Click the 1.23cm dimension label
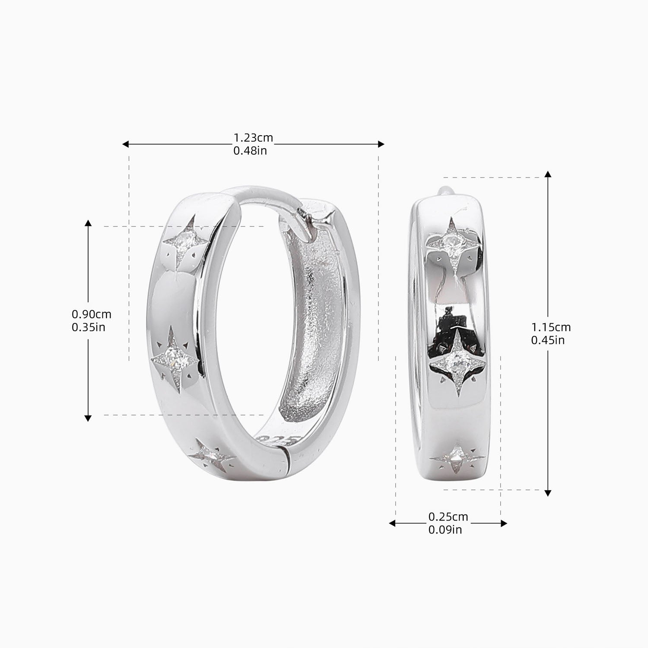pos(253,138)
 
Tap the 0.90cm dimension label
pos(92,314)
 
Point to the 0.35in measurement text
pos(89,327)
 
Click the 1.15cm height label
pos(551,327)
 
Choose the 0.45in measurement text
pos(548,340)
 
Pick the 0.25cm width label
pos(448,517)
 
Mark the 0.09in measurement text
pos(445,530)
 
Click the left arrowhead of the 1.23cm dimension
pos(125,144)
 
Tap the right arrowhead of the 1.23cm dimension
pos(381,144)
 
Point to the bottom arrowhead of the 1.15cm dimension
pos(548,493)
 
